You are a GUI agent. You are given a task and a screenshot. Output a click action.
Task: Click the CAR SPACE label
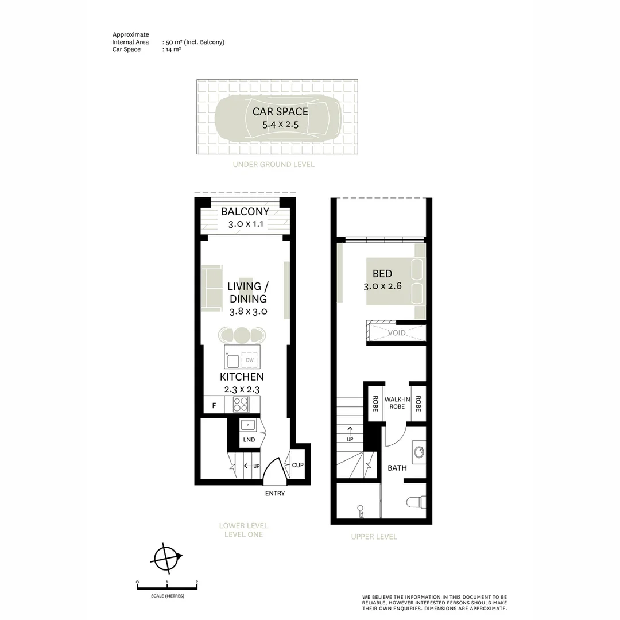point(280,112)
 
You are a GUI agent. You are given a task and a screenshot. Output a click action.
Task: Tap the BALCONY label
point(245,212)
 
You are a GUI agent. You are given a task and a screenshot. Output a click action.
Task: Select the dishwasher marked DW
point(250,361)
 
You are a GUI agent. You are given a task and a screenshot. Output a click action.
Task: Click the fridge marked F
point(214,406)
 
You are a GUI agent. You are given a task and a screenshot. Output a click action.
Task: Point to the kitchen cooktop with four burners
point(241,405)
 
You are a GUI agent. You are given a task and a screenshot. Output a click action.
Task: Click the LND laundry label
point(249,440)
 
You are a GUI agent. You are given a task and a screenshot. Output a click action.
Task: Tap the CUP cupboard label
point(297,465)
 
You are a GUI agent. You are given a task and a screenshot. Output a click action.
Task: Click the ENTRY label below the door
point(274,494)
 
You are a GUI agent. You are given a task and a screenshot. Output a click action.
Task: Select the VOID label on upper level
point(397,333)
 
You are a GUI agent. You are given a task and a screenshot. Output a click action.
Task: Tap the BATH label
point(397,468)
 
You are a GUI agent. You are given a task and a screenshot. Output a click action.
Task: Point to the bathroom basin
point(418,452)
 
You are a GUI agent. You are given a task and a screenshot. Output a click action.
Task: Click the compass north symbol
point(166,557)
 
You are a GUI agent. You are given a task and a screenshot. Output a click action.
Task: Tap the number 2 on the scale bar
point(197,582)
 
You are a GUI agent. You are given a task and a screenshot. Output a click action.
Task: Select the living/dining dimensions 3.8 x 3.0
point(247,312)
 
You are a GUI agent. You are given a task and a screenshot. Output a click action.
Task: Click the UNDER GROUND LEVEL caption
point(273,165)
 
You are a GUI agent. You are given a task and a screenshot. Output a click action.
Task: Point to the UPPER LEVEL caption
point(374,537)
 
